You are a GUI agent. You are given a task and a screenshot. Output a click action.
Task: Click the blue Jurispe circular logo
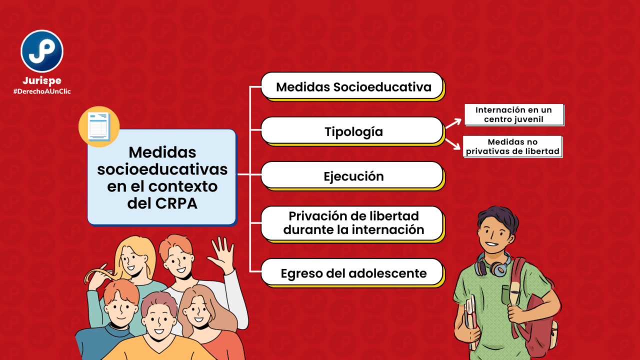(42, 51)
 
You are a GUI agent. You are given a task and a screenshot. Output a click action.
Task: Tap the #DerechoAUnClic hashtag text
(42, 91)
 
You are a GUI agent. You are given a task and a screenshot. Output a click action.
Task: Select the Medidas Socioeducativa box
(352, 86)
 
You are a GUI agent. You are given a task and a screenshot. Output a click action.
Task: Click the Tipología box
(352, 131)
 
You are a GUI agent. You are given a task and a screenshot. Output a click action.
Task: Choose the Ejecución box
(352, 175)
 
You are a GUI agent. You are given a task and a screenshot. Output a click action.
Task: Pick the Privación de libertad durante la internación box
(352, 224)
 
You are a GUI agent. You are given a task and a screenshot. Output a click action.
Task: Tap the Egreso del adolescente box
(352, 273)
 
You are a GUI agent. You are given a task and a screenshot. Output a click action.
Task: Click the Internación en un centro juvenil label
(514, 114)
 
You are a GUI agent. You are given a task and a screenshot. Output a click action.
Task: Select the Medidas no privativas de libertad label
(512, 146)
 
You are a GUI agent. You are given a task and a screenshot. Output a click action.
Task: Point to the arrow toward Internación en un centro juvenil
(453, 123)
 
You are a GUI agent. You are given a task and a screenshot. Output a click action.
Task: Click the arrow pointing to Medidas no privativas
(453, 143)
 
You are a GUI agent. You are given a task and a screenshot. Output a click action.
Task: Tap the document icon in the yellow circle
(99, 126)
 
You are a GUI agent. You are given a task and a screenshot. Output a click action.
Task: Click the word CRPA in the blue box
(176, 203)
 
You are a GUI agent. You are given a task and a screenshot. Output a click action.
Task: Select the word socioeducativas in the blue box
(162, 169)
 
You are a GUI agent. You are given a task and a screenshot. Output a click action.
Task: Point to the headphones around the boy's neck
(493, 265)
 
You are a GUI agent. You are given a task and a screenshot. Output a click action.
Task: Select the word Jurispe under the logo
(42, 81)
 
